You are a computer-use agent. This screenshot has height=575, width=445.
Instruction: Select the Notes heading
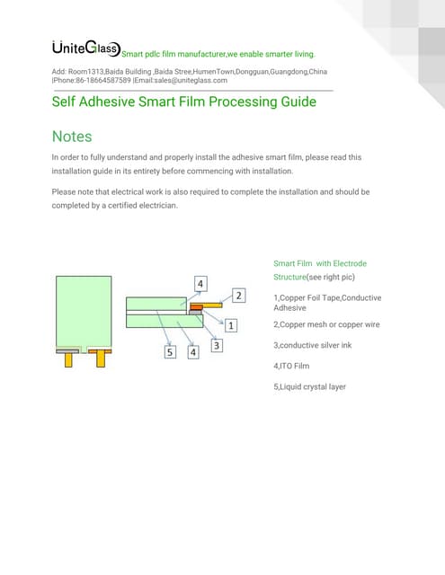coord(73,137)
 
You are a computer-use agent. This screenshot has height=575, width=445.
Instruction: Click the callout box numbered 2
coord(238,295)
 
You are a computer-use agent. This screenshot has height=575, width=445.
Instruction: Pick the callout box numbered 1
coord(231,324)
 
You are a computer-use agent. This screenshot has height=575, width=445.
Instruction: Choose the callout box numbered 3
coord(217,344)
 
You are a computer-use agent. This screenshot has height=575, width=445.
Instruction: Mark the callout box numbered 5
coord(170,352)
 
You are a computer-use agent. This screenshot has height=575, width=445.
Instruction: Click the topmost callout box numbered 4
coord(200,284)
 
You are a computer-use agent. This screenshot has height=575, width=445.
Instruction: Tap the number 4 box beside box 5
coord(193,352)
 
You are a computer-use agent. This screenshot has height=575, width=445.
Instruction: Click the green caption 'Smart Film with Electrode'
coord(319,263)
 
